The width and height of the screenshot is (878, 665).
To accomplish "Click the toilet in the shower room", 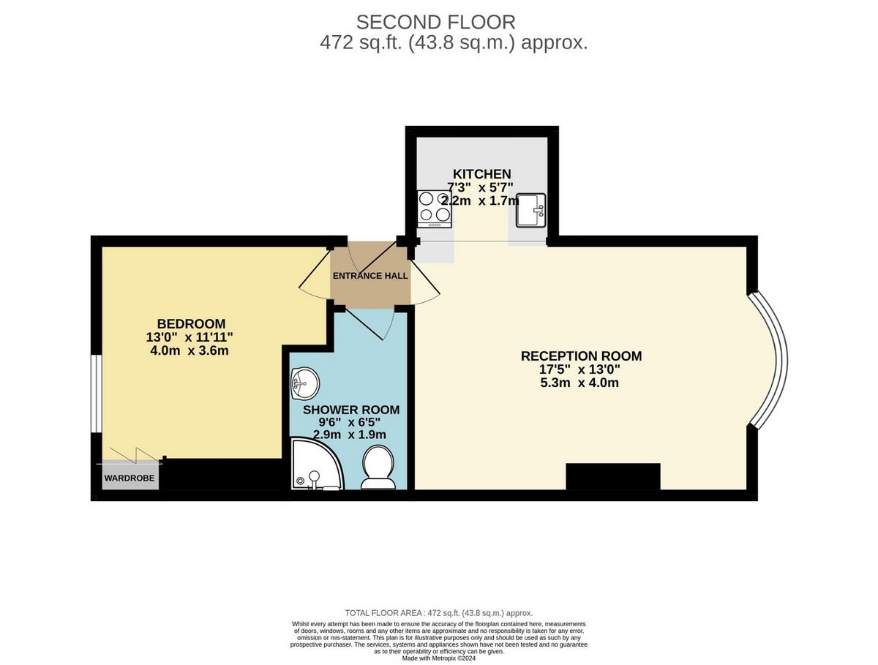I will point(378,468).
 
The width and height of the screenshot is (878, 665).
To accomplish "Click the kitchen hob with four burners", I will point(434,208).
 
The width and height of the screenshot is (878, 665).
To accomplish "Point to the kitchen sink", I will point(530,210).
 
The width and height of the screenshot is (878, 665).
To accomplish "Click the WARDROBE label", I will point(128,480).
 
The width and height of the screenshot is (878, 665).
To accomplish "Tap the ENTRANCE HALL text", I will point(370,276).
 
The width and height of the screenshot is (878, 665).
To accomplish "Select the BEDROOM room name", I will point(191,323).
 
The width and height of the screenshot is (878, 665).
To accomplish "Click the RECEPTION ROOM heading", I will point(581,356).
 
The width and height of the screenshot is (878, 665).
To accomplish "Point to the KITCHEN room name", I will point(481,173).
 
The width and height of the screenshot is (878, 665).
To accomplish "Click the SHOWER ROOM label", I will point(351,410).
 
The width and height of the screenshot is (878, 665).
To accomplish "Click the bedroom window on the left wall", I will point(96,395).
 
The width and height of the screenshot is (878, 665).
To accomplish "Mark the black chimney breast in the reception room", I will point(613,476).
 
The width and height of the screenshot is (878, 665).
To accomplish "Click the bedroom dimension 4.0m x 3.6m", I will point(190,350).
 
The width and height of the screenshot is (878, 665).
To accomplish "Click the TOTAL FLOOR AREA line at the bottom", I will point(439,613).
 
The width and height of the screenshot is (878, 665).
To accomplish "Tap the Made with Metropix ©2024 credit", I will point(439,658).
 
